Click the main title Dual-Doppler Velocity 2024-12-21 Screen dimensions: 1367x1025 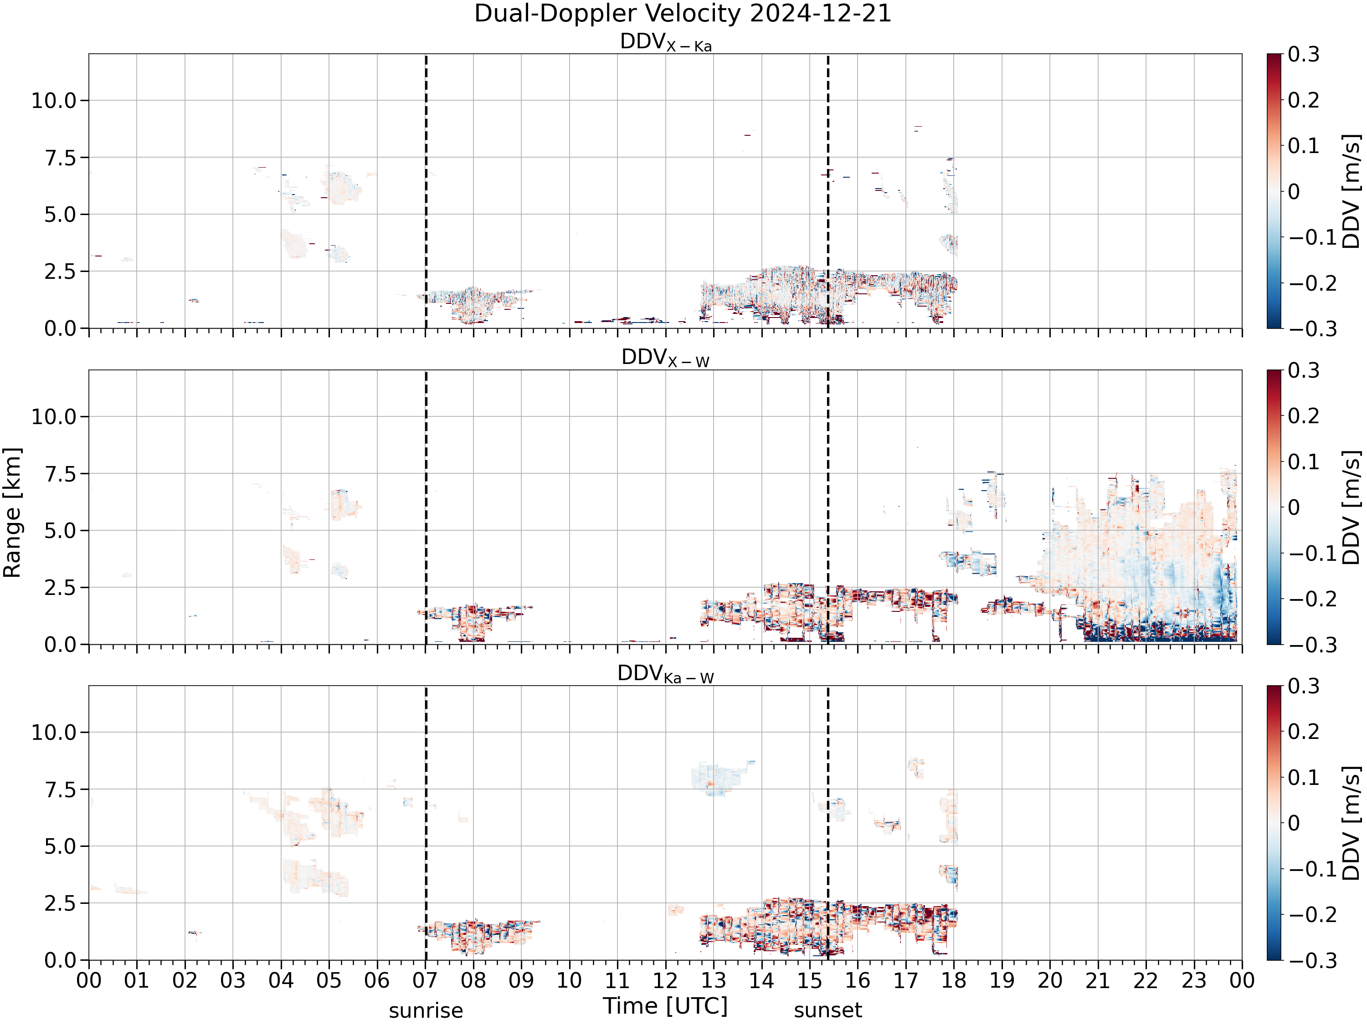coord(683,14)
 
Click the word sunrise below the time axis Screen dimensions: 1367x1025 coord(426,1011)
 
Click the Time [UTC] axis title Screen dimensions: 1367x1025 coord(666,1006)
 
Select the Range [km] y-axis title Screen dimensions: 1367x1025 coord(12,513)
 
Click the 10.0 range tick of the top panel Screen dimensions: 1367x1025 coord(54,100)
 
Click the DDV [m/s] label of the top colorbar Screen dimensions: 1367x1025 coord(1352,191)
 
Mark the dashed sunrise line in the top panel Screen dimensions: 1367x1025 coord(426,191)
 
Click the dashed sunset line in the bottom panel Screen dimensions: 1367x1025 coord(828,823)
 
